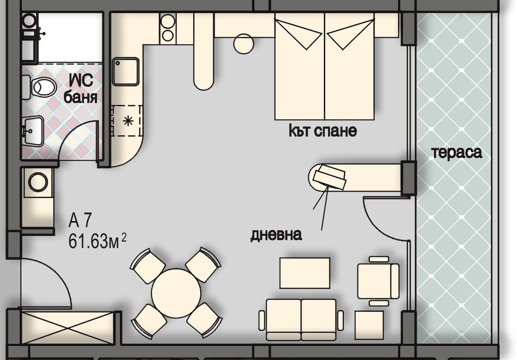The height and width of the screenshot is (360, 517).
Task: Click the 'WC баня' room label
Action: point(81,89)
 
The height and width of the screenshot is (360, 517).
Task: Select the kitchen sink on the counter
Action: point(126,71)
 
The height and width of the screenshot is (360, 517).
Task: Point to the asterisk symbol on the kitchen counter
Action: point(128,121)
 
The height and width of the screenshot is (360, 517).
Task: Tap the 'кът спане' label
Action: point(323,131)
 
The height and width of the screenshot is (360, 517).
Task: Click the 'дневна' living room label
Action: point(276,235)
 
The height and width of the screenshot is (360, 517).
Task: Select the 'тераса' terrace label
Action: point(457,153)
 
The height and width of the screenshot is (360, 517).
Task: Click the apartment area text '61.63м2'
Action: point(97,242)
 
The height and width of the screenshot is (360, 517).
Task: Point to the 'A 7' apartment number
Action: point(79,221)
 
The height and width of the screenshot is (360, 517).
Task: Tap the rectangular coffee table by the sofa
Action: point(305,273)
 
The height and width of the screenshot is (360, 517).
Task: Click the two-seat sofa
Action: point(301,319)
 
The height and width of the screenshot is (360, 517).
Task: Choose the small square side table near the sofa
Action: point(369,325)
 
